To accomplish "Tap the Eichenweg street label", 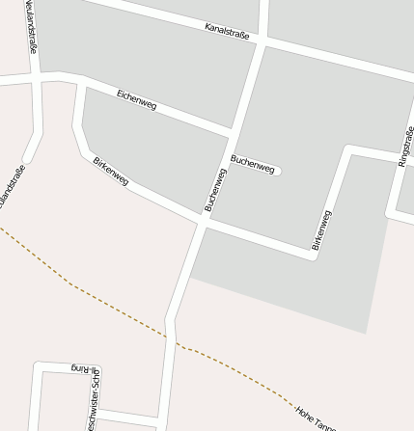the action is pyautogui.click(x=136, y=99).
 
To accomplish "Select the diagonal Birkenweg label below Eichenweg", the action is pyautogui.click(x=111, y=171).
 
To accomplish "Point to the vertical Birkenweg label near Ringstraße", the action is pyautogui.click(x=322, y=229).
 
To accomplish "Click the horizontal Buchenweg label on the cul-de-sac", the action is pyautogui.click(x=252, y=164).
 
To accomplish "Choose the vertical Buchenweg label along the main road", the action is pyautogui.click(x=214, y=189).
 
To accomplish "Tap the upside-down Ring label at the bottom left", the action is pyautogui.click(x=85, y=367).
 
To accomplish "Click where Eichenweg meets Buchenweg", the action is pyautogui.click(x=233, y=130).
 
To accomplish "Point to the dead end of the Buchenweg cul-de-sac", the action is pyautogui.click(x=277, y=172).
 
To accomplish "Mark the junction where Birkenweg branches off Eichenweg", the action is pyautogui.click(x=81, y=87).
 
